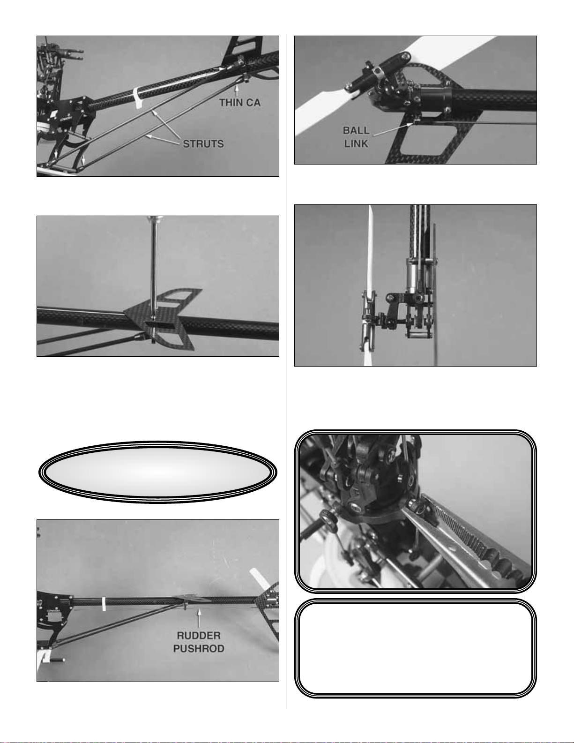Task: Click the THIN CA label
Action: coord(240,103)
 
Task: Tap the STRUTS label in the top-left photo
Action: coord(203,144)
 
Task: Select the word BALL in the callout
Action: coord(357,131)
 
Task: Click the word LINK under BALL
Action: coord(357,144)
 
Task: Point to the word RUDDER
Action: coord(199,636)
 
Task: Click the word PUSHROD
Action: coord(199,649)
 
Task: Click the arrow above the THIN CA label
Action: coord(236,90)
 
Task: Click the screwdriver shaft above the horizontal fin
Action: coord(154,267)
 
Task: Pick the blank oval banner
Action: coord(157,472)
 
